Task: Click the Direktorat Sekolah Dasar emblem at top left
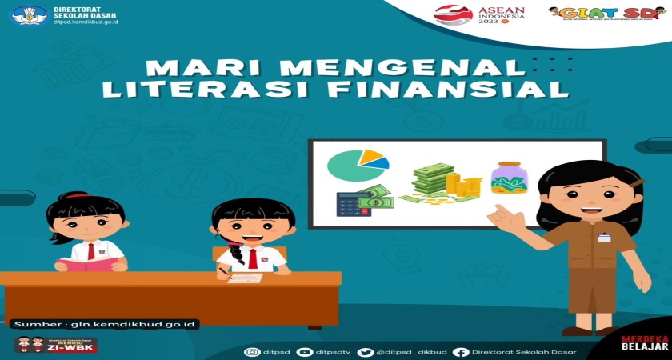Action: tap(29, 15)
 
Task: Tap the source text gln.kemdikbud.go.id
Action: tap(104, 324)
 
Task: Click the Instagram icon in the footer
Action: tap(253, 352)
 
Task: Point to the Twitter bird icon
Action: tap(366, 352)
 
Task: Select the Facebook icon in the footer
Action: tap(460, 352)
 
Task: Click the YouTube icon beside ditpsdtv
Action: tap(304, 352)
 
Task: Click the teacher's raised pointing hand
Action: tap(502, 215)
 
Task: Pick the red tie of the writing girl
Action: tap(253, 258)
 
